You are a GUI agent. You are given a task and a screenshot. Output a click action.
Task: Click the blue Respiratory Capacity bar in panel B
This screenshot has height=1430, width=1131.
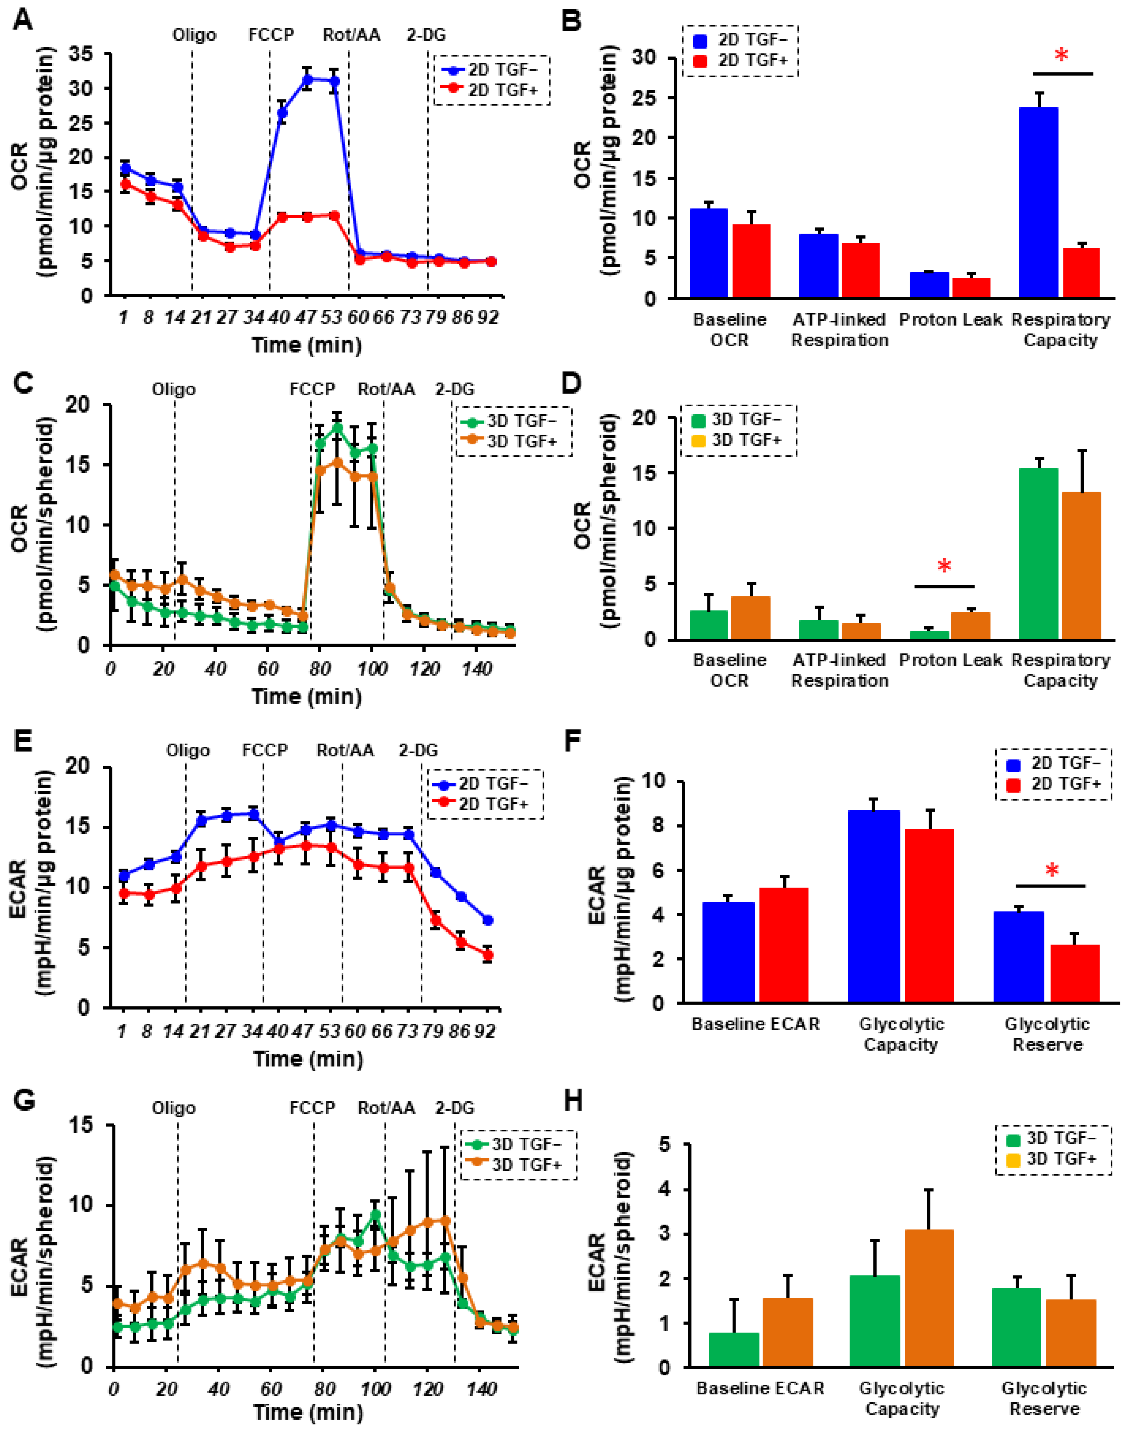pyautogui.click(x=1038, y=202)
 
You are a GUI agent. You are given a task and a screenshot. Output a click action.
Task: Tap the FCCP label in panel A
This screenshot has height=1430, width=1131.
pyautogui.click(x=271, y=35)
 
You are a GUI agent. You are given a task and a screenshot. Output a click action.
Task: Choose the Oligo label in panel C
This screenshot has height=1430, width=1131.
pyautogui.click(x=174, y=389)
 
